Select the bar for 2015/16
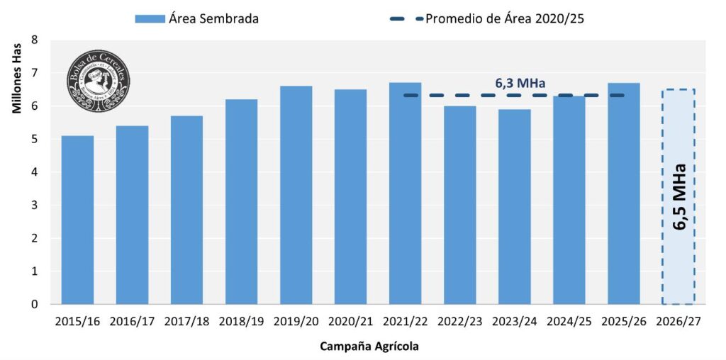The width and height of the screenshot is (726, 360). point(77,220)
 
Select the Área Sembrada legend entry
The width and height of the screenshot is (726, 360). point(196,19)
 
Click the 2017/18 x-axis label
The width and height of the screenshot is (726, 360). point(186,321)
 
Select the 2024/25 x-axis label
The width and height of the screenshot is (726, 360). point(569,321)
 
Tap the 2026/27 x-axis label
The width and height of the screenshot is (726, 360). point(678,321)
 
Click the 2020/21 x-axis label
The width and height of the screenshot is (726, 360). point(351,321)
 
